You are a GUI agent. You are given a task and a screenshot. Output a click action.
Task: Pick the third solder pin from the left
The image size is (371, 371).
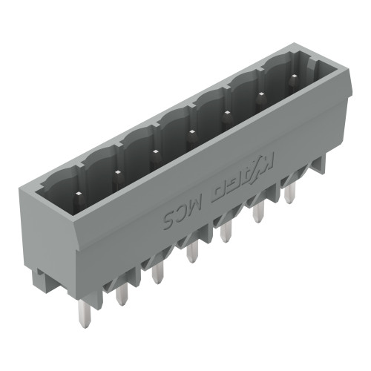(x=157, y=272)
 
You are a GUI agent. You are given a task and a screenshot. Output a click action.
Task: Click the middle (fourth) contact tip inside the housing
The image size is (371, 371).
(x=191, y=133)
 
